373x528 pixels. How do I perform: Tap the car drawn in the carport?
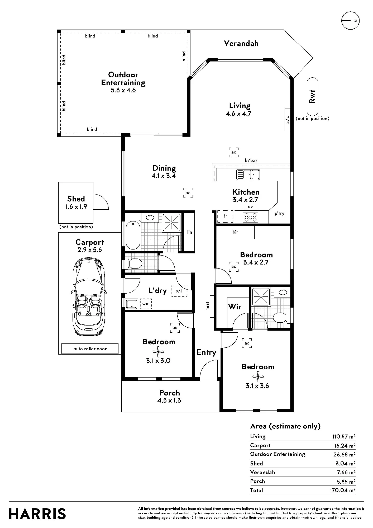pos(88,297)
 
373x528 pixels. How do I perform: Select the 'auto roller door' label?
pos(90,349)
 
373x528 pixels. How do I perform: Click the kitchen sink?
pos(248,175)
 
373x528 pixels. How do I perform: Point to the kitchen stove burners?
pos(250,217)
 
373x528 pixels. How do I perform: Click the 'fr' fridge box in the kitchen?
pos(225,216)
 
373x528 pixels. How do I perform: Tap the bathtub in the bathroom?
pos(133,235)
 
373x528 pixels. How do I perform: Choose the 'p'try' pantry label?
pos(280,214)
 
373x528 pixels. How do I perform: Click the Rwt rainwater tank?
pos(312,97)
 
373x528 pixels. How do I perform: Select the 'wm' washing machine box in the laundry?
pos(146,304)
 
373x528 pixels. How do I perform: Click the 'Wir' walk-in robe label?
pos(235,307)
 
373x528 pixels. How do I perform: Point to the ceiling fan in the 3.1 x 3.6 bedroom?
pos(258,377)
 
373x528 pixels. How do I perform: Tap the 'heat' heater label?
pos(207,306)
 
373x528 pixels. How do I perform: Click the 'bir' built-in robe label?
pos(235,232)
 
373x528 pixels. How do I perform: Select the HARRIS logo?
pos(37,514)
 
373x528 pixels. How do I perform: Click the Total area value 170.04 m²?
pos(342,490)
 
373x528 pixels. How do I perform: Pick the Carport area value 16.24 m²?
pos(345,446)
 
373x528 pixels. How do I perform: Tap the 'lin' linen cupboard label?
pos(189,232)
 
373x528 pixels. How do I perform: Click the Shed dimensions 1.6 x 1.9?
pos(76,207)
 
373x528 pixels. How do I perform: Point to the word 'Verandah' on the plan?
pos(241,44)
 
